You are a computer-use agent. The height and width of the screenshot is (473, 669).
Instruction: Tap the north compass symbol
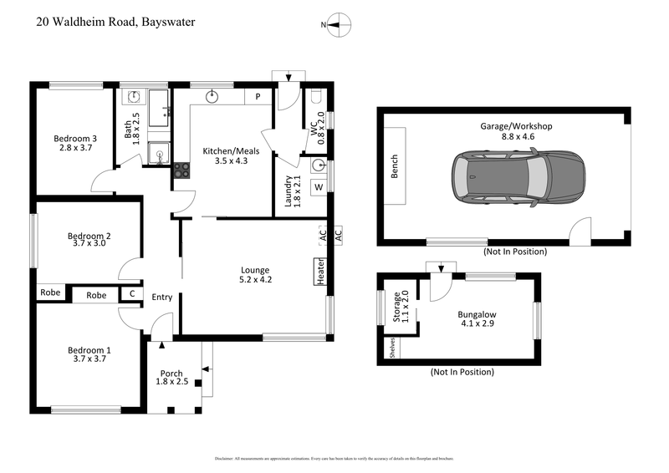pyautogui.click(x=335, y=25)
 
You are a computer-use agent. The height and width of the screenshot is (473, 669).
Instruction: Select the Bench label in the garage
pyautogui.click(x=395, y=166)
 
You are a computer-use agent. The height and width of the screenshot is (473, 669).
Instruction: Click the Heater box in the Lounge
pyautogui.click(x=320, y=272)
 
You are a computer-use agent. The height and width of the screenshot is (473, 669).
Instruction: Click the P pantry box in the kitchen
pyautogui.click(x=258, y=96)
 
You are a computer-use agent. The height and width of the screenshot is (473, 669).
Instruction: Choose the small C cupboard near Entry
pyautogui.click(x=131, y=294)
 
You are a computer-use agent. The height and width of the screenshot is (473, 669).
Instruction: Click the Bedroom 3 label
pyautogui.click(x=75, y=139)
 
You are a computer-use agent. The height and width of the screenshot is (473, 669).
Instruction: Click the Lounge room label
pyautogui.click(x=255, y=269)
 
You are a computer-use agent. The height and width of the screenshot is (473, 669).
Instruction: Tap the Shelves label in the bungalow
pyautogui.click(x=391, y=347)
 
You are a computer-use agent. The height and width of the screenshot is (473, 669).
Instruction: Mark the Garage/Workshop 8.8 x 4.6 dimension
pyautogui.click(x=516, y=136)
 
